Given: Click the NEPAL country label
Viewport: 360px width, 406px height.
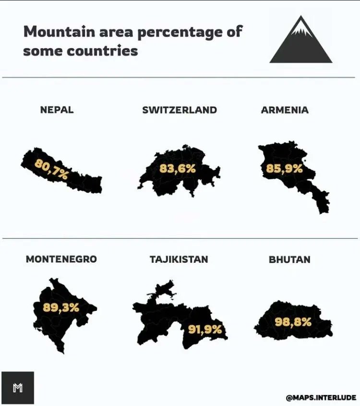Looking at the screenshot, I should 57,110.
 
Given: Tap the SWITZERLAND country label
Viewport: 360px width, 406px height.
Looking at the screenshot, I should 180,110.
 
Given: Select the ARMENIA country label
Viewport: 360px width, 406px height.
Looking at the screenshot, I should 285,110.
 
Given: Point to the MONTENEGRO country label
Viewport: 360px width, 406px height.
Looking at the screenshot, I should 61,259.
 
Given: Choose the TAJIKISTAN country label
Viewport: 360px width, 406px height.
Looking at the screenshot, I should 179,259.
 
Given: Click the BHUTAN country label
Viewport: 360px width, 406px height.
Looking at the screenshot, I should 289,259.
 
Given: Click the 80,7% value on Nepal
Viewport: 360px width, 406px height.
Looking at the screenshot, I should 51,169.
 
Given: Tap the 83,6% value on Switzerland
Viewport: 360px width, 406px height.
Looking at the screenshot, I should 178,169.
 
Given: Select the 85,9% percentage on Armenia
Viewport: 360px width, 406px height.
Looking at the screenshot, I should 285,169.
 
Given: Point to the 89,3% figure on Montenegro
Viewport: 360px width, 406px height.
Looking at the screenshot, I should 61,308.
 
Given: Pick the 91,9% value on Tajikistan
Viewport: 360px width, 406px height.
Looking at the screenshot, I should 205,330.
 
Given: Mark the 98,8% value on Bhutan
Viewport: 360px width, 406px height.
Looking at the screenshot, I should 293,322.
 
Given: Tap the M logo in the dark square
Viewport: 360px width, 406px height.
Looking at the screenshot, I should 18,388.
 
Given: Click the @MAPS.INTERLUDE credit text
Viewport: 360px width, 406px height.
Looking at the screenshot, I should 321,397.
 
